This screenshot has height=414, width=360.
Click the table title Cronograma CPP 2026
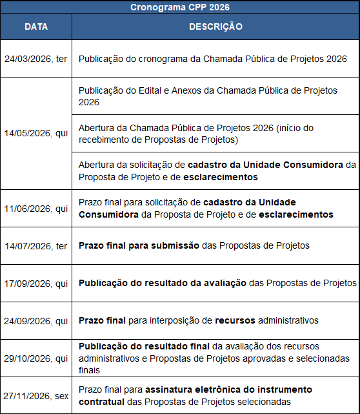pos(180,7)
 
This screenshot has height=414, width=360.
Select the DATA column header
pos(36,27)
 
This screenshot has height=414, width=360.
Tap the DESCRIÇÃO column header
pos(215,27)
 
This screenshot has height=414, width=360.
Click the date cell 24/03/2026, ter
pos(36,58)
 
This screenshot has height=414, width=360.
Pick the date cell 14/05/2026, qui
pos(36,133)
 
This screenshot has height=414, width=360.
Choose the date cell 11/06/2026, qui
pos(36,209)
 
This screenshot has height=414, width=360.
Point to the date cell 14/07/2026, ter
pos(36,245)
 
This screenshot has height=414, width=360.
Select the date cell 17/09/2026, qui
pos(36,283)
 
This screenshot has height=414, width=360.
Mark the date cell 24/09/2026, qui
pos(36,320)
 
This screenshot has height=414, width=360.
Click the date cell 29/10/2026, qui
pos(36,358)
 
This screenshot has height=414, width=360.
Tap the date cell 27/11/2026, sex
pos(36,395)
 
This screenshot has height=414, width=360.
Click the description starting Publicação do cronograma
pos(213,58)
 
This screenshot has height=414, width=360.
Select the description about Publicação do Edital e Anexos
pos(208,96)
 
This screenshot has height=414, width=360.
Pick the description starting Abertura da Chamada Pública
pos(205,133)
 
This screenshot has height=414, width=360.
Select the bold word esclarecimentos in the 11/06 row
pos(296,214)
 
